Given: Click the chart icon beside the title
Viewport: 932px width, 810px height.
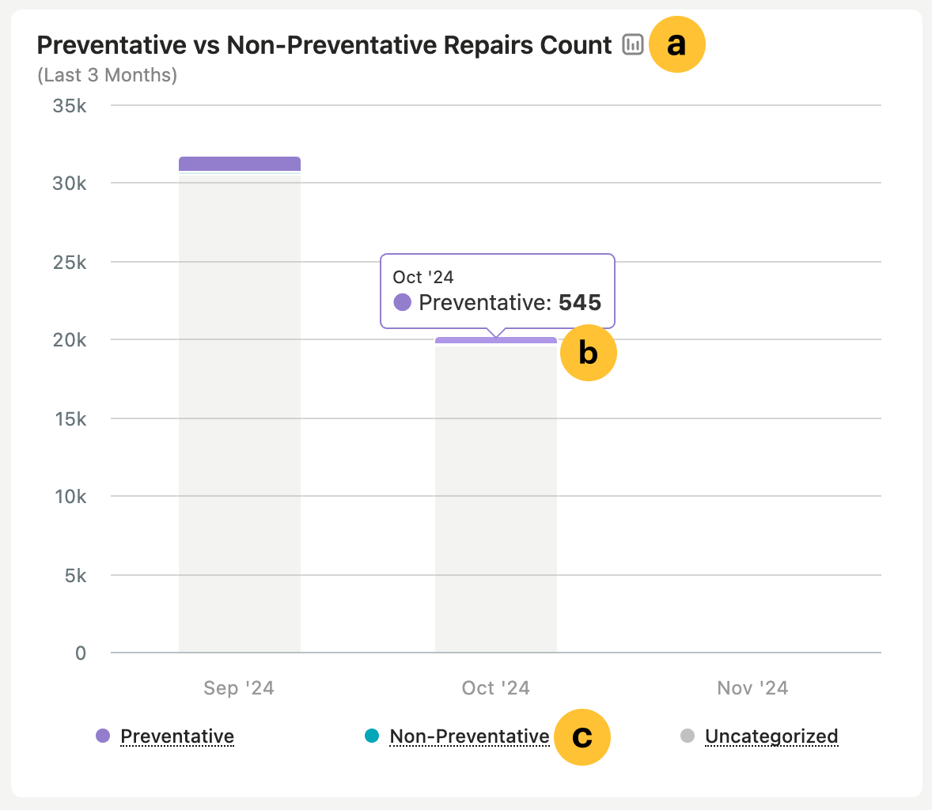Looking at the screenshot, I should (633, 45).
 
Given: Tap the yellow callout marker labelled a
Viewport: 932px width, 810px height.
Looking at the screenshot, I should (676, 45).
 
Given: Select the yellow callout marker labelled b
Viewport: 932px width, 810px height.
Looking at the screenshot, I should (588, 353).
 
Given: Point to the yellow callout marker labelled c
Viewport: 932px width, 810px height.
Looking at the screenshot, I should (582, 737).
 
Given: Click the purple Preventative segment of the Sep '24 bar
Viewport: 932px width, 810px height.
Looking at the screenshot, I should (239, 164).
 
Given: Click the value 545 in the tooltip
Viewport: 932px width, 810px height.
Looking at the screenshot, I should (580, 302).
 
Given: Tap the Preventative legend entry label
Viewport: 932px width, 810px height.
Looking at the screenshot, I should (177, 736).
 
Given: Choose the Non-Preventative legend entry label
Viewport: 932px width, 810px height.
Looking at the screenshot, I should (469, 736).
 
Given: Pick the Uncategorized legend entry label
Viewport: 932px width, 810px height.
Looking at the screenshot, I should (771, 736).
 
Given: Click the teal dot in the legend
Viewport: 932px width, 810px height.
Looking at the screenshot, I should (372, 736).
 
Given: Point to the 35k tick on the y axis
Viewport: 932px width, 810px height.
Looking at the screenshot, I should (70, 105).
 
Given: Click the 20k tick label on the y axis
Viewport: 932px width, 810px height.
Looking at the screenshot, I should (70, 340).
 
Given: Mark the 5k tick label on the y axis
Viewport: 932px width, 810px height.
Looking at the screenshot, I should (76, 575).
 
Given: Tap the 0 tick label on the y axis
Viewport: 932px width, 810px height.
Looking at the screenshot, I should (81, 653).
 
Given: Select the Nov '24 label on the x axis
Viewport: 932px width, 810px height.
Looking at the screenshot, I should (752, 688).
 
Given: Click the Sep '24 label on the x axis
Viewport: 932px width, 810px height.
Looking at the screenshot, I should (239, 688).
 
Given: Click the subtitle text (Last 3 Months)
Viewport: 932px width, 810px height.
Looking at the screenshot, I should (107, 75).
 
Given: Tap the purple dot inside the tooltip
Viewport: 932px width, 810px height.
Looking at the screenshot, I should (403, 302).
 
